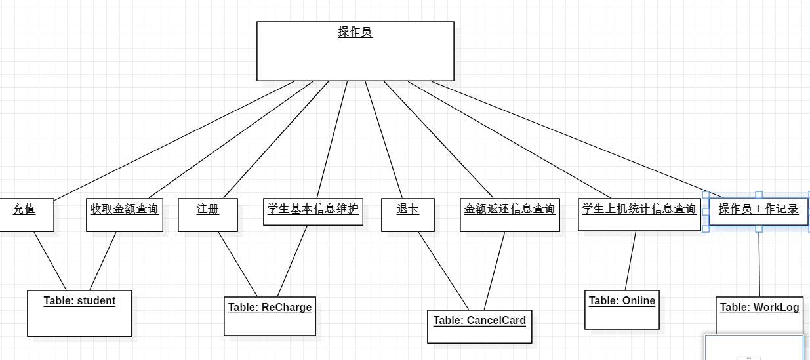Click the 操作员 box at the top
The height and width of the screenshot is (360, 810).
click(355, 51)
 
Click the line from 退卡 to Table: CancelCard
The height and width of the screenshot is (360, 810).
click(444, 271)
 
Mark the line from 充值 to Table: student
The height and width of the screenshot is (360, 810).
click(50, 261)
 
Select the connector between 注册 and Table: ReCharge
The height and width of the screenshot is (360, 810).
click(238, 264)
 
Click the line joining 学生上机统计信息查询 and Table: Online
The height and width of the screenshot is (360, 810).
click(630, 261)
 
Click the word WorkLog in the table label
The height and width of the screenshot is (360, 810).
click(777, 307)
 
